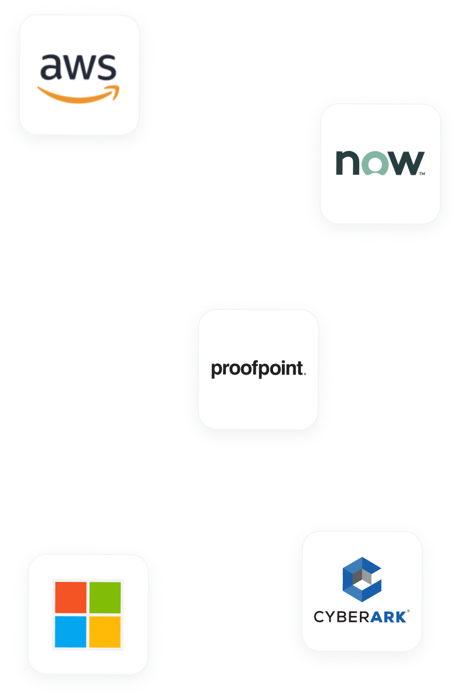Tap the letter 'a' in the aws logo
50,67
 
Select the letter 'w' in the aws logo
78,67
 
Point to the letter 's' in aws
107,67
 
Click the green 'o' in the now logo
375,163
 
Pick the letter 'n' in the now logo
348,163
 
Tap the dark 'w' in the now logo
406,163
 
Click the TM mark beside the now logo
422,174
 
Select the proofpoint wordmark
259,369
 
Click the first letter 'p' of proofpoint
217,370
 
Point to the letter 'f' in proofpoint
255,368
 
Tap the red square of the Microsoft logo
71,597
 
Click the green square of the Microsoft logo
105,597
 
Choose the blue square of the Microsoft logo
70,631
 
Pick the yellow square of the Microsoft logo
105,631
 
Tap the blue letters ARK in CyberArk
388,617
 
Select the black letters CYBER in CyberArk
342,617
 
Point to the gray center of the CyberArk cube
362,577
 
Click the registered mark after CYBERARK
408,611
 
